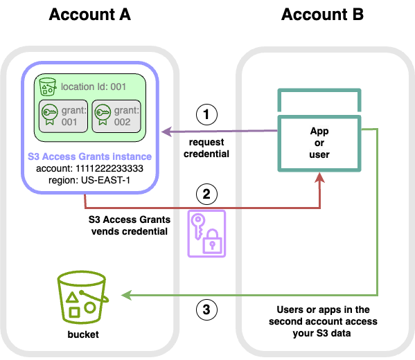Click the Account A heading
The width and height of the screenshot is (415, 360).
point(90,15)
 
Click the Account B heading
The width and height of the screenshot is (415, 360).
point(322,15)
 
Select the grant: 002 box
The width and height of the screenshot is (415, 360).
point(116,115)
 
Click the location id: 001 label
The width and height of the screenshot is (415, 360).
point(93,87)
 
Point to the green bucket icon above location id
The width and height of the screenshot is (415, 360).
point(48,87)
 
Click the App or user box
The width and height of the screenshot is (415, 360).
point(319,141)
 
